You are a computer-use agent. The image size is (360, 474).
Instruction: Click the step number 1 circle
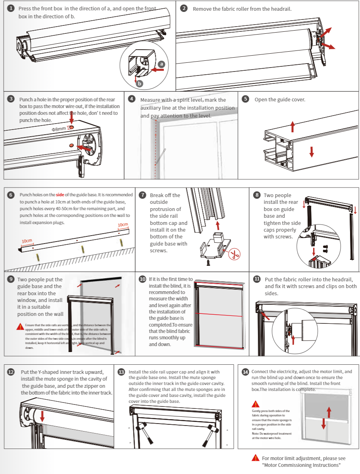click(x=11, y=8)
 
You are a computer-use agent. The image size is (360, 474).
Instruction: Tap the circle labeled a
click(x=162, y=64)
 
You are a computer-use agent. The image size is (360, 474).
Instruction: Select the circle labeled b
click(x=139, y=83)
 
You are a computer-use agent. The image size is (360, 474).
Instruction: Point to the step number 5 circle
click(x=246, y=99)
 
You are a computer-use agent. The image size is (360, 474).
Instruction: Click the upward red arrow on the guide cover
click(x=293, y=127)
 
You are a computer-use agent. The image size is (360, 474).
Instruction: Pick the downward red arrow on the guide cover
click(x=312, y=151)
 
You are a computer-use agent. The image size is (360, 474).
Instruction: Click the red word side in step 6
click(x=60, y=195)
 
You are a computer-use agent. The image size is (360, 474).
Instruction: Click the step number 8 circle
click(x=257, y=195)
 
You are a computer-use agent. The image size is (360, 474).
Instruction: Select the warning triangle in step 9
click(x=20, y=327)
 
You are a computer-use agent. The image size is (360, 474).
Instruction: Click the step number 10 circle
click(x=142, y=279)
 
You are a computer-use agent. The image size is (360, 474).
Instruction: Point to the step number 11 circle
click(x=257, y=279)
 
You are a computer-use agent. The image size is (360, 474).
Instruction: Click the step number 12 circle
click(x=11, y=372)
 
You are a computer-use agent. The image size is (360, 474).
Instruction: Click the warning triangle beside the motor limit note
click(x=256, y=458)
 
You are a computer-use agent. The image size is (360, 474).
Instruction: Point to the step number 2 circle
click(x=183, y=8)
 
